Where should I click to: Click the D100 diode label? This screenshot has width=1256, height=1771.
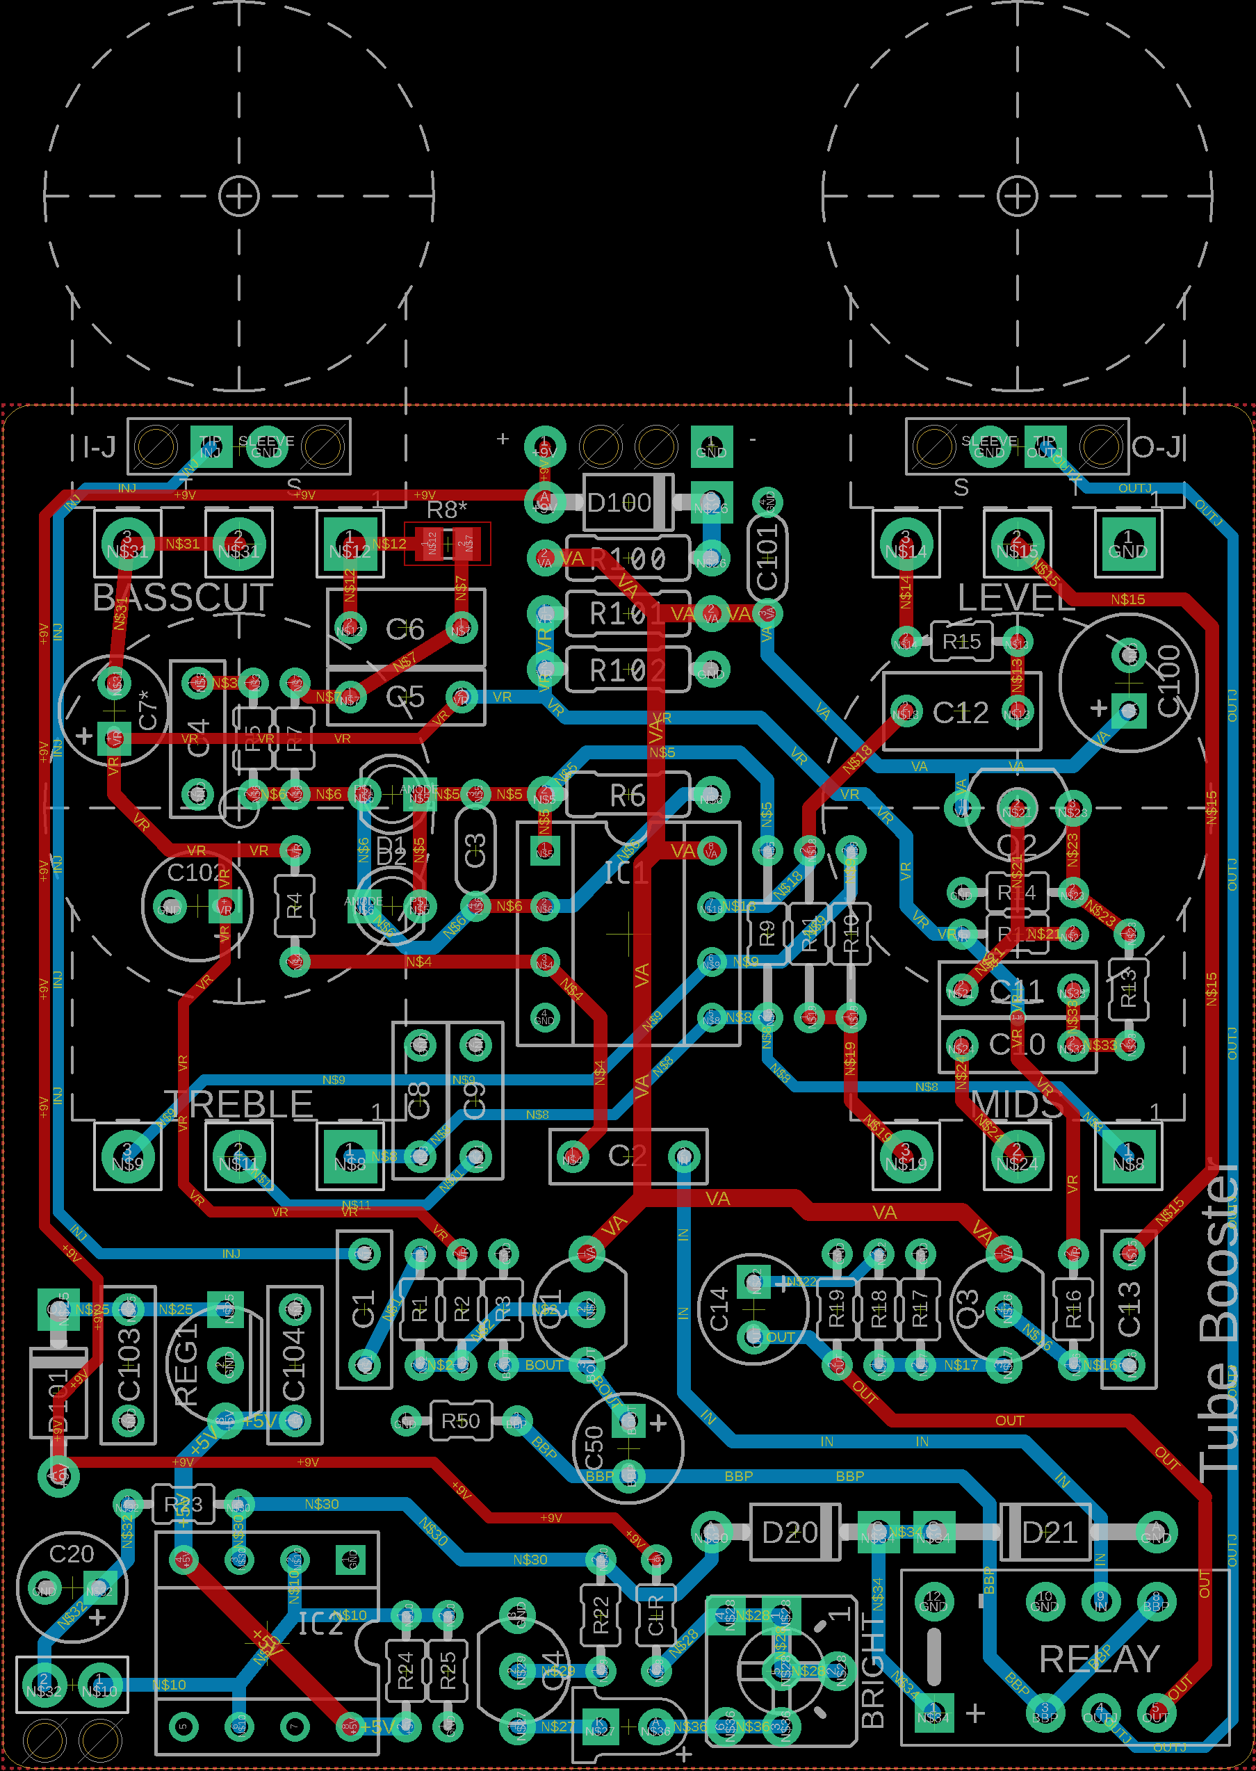619,503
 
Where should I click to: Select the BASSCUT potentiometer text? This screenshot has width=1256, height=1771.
183,598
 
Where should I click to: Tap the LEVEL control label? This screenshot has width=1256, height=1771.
1016,598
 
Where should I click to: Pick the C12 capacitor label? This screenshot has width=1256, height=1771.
961,713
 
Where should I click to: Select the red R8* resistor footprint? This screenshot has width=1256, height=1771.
447,544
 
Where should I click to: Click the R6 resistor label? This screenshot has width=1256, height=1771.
627,795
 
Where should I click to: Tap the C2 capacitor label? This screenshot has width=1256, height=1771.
626,1156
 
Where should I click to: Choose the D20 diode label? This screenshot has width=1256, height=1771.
789,1533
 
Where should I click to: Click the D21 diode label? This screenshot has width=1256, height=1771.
1049,1533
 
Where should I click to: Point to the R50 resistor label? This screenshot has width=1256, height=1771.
460,1421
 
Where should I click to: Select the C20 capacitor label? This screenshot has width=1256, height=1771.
71,1553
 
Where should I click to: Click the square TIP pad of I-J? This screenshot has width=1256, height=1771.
211,446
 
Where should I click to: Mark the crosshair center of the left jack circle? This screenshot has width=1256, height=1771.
239,196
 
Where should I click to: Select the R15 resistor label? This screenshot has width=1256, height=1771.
961,641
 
